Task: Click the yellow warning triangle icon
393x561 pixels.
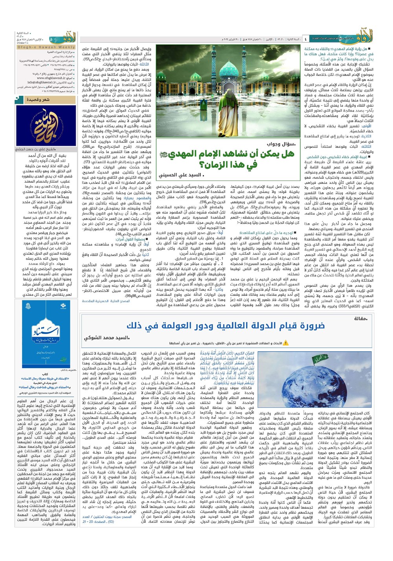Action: (286, 343)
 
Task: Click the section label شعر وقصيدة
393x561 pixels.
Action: (38, 100)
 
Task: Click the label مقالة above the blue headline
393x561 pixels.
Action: (360, 318)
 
